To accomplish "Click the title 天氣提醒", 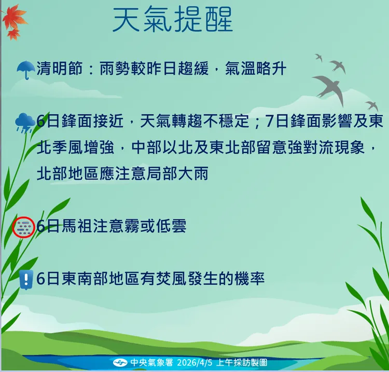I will [x=173, y=20].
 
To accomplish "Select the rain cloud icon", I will [x=24, y=122].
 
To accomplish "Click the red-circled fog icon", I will [x=23, y=227].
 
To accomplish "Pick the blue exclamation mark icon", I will [x=25, y=279].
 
